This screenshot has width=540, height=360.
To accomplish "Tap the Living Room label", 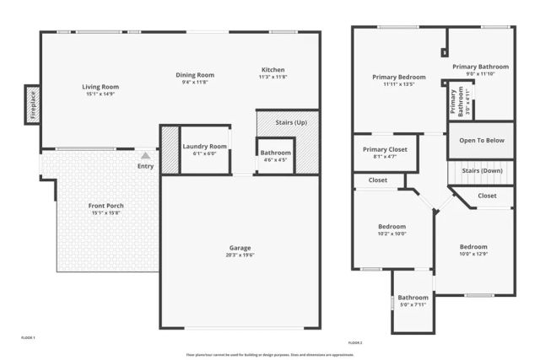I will click(100, 87).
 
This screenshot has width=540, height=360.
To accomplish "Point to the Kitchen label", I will click(273, 70).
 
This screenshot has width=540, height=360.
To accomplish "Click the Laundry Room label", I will click(205, 147).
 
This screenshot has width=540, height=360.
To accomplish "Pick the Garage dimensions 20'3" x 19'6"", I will click(240, 255).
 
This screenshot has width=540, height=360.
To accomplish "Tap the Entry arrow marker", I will click(146, 156).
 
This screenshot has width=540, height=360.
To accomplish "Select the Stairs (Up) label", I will click(291, 123).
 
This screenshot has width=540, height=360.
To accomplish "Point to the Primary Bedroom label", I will click(399, 78).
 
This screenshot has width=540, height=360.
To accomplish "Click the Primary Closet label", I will click(385, 149).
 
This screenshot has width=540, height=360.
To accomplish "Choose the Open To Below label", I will click(482, 141).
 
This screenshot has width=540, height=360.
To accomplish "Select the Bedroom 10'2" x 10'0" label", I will click(391, 227).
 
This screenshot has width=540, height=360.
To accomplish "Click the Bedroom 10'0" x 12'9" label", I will click(473, 246).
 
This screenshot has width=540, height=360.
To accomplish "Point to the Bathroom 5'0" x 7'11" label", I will click(413, 298).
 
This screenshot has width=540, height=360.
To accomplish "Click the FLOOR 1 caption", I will click(28, 338).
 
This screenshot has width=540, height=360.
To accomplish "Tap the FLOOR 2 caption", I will click(355, 342).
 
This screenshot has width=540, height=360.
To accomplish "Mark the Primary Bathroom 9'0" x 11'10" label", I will click(481, 67).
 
